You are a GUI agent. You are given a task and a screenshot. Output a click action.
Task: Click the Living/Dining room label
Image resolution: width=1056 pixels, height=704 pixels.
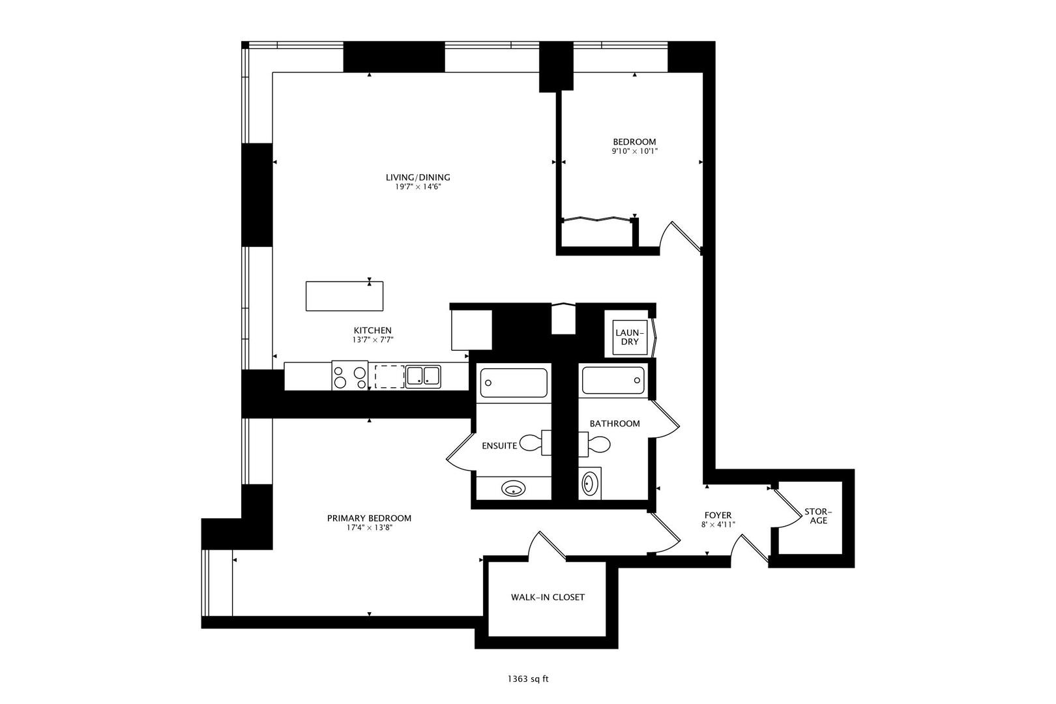pos(417,177)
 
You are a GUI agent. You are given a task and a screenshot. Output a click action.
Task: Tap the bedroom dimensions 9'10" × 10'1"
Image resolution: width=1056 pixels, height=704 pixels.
pos(634,151)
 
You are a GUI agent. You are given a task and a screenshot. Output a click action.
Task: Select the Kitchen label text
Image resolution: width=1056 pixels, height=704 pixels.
pos(372,330)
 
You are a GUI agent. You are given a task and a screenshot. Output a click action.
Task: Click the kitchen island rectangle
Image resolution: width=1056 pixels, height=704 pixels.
pos(344,296)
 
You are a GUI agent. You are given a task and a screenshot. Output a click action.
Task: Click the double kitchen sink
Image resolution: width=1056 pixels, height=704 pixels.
pos(423,376)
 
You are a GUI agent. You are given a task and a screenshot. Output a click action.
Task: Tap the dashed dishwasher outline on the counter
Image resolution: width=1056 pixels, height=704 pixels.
pos(389,377)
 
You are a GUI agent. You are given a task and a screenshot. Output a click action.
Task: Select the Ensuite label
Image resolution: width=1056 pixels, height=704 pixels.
pos(499,446)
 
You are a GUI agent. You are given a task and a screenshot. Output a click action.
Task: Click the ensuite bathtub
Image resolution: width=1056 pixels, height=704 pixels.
pos(514,383)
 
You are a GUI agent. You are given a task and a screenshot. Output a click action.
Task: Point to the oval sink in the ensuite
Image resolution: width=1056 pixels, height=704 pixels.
pos(514,488)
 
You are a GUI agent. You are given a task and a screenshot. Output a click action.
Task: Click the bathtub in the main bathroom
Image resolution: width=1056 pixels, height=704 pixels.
pos(613,381)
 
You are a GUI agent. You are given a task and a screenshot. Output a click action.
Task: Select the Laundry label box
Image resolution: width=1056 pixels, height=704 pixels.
pos(629,337)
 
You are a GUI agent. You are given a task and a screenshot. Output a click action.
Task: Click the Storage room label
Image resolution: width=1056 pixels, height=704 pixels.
pos(818,516)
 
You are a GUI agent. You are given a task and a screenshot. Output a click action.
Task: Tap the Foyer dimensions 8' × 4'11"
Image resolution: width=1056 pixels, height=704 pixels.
pos(718,524)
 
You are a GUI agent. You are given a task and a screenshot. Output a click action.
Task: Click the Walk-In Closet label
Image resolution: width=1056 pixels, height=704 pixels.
pos(548,597)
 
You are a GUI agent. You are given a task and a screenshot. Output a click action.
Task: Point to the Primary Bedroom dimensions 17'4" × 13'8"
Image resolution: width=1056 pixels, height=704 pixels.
pos(369,528)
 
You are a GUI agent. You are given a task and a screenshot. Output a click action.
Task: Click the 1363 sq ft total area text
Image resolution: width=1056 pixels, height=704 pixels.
pos(528,679)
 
